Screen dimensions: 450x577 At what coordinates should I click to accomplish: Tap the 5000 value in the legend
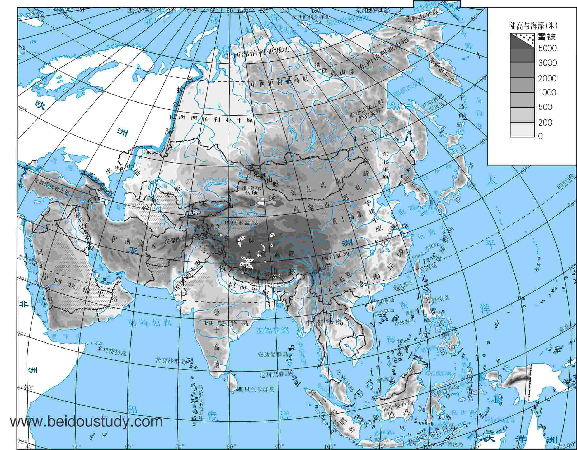click(547, 48)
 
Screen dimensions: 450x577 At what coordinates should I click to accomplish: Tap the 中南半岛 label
click(324, 322)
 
